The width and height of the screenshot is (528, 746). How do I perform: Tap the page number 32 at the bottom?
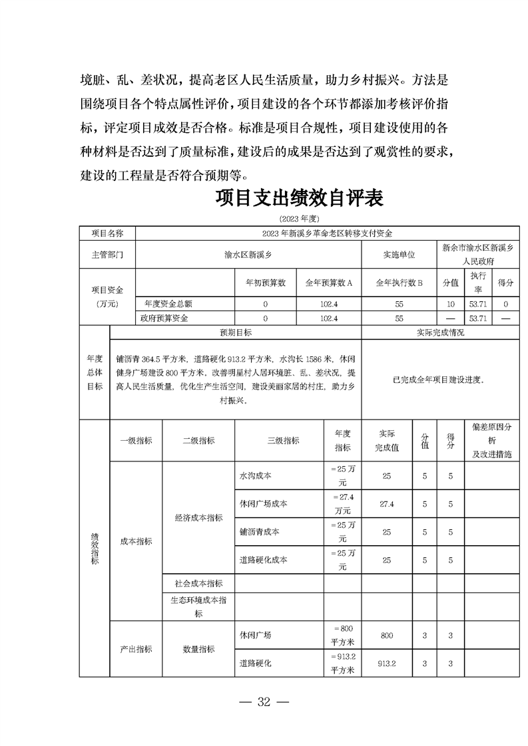(264, 703)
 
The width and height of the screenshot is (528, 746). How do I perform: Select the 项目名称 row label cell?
(107, 233)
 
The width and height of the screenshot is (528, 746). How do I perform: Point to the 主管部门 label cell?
(107, 255)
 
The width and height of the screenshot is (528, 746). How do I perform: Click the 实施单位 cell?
(399, 255)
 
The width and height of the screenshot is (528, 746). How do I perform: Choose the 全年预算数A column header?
(328, 283)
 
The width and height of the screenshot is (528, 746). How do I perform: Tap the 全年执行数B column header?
(399, 283)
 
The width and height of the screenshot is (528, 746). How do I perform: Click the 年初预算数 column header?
(265, 283)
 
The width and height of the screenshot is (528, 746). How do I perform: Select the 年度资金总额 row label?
(164, 304)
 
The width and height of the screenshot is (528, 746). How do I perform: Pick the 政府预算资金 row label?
(164, 318)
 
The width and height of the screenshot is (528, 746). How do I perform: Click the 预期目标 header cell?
(236, 332)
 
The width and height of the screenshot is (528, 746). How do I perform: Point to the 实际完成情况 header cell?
(440, 332)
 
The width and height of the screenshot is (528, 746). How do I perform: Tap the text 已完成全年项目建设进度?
(439, 380)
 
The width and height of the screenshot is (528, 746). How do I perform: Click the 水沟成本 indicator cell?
(255, 477)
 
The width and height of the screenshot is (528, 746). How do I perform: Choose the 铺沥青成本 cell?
(259, 532)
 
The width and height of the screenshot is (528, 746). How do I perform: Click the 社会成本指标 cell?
(198, 583)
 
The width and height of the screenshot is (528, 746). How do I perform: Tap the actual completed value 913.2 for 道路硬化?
(386, 663)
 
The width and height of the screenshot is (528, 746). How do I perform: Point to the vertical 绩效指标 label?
(95, 548)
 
